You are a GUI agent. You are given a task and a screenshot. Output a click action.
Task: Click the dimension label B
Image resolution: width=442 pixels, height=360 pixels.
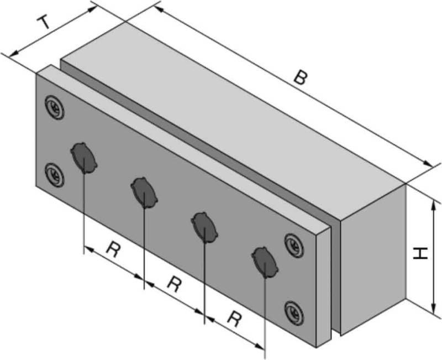[x=299, y=77]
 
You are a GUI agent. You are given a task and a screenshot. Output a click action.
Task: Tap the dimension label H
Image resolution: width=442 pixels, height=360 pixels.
[x=422, y=254]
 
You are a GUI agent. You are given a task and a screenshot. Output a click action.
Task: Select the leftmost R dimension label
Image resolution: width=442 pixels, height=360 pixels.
[x=113, y=251]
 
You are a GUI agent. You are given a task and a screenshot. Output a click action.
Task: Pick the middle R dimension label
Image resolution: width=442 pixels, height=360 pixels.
[x=174, y=285]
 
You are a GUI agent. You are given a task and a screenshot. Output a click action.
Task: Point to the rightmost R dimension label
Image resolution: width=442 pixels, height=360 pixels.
[x=235, y=320]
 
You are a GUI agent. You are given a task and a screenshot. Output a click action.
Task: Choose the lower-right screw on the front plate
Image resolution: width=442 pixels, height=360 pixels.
[x=294, y=312]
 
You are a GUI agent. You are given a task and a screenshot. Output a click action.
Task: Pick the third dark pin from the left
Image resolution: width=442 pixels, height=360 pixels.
[x=204, y=226]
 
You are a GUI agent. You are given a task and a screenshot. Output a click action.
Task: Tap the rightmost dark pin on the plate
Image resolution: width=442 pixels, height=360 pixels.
[x=265, y=260]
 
